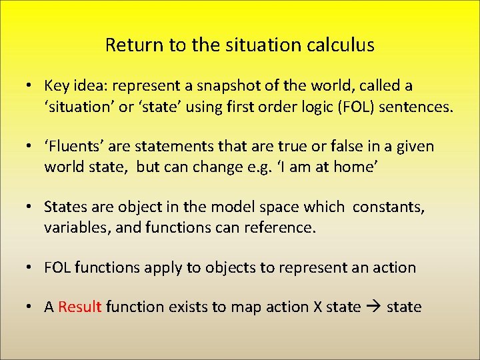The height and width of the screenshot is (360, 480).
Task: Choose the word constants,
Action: point(388,207)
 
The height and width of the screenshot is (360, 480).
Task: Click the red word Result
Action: point(79,307)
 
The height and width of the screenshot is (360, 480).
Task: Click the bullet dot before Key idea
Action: point(31,86)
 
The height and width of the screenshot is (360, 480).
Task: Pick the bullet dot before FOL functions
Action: point(31,268)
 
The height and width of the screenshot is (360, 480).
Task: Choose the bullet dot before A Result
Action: point(31,307)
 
